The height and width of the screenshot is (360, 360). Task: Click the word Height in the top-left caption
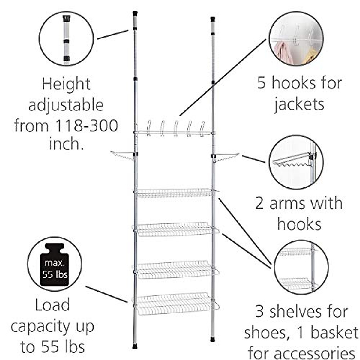tap(66, 84)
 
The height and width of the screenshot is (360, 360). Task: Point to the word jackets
tap(299, 104)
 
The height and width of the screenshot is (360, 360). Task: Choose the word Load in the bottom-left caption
tap(52, 305)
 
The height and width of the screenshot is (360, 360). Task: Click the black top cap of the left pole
tap(135, 13)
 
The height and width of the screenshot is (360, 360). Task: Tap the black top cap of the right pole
tap(213, 19)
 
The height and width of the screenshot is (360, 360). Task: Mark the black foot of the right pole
tap(213, 339)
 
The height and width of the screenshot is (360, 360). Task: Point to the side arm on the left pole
tap(121, 155)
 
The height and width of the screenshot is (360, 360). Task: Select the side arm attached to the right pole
tap(227, 157)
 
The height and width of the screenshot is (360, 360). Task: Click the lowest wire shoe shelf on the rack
tap(175, 303)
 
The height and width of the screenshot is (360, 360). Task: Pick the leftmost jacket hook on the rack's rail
tap(148, 127)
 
